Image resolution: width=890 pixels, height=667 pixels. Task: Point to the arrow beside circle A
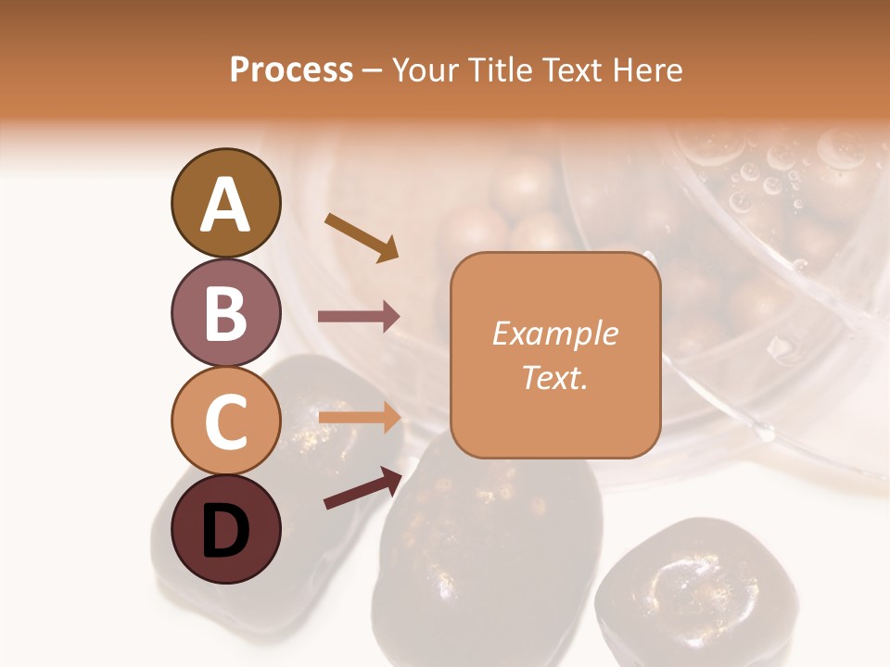(361, 236)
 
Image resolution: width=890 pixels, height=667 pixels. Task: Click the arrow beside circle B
(359, 316)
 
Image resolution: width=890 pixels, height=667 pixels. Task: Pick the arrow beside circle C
(359, 417)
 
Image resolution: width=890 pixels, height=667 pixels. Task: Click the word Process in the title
(291, 70)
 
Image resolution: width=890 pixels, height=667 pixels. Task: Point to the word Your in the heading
(423, 70)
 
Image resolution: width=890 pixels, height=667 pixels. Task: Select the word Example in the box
(554, 333)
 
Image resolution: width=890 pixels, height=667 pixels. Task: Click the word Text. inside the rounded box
(554, 377)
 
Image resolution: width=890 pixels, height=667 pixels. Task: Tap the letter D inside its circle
(225, 532)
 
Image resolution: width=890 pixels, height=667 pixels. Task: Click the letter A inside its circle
(225, 205)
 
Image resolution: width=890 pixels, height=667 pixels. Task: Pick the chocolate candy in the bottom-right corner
(683, 593)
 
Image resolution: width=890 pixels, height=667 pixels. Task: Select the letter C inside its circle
(225, 423)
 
